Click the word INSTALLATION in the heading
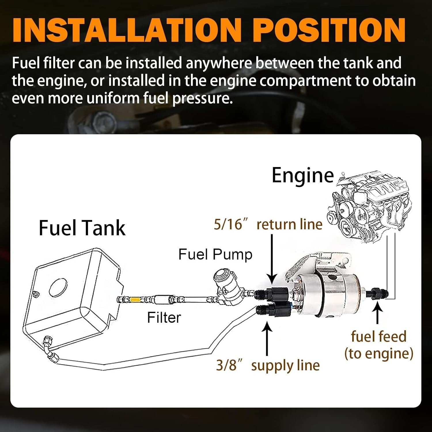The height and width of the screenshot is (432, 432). pos(126,30)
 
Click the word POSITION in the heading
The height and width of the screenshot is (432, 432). pos(330,30)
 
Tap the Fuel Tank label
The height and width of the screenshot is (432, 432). pos(82,228)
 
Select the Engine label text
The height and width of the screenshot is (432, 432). pos(303,175)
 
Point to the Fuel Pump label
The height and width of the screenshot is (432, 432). pos(215,255)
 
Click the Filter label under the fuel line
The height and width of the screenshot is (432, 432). pos(164,318)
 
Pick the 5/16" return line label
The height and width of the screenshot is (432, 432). pos(268,225)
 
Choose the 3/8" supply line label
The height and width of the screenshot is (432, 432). pos(268,365)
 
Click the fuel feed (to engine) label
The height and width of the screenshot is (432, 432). pos(378,345)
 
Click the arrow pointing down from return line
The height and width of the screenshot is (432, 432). pos(272,259)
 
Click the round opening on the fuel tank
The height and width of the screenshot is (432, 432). pos(58,287)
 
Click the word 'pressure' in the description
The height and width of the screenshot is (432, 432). pos(202,98)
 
